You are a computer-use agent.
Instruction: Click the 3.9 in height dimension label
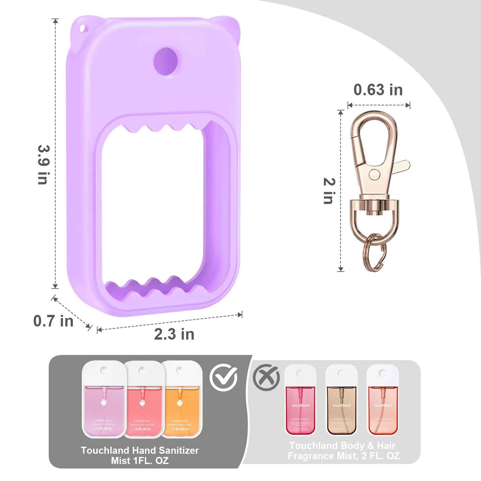pos(43,165)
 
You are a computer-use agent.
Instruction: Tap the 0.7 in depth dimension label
pos(53,321)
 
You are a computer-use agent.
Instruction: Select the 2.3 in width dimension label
pos(174,334)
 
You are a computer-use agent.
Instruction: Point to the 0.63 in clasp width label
pos(378,90)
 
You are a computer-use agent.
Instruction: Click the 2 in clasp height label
pos(329,191)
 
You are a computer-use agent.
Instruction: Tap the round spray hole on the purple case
pos(165,61)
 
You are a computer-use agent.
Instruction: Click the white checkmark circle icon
pos(223,377)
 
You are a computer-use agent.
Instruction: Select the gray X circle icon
pos(266,378)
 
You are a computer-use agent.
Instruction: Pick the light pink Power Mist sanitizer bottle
pos(104,399)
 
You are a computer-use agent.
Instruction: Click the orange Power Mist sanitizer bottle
pos(182,399)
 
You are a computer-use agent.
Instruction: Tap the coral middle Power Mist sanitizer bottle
pos(143,399)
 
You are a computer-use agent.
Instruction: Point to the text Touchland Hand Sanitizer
pos(140,450)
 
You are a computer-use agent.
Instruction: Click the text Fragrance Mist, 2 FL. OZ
pos(344,456)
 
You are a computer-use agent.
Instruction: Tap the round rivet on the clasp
pos(374,173)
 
